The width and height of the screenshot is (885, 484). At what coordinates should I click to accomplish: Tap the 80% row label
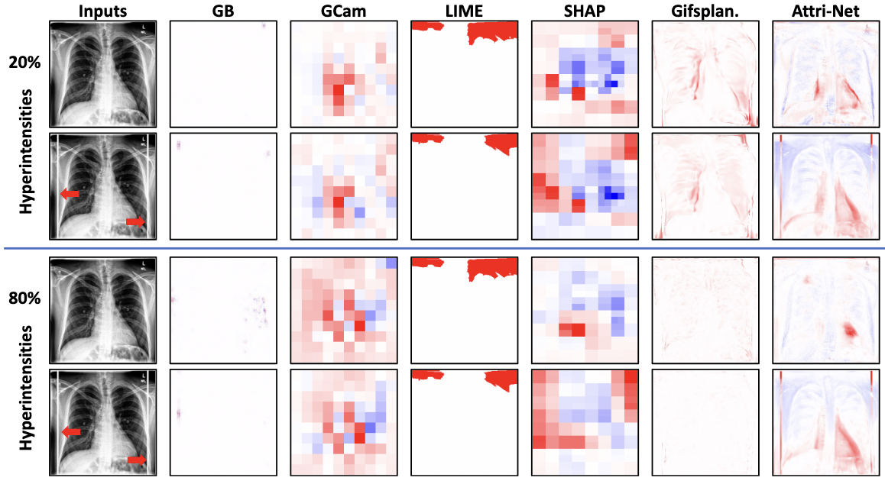(x=25, y=301)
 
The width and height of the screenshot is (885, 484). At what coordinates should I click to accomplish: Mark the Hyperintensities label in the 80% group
(x=25, y=389)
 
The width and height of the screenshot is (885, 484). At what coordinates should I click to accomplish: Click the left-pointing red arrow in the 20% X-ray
(x=70, y=194)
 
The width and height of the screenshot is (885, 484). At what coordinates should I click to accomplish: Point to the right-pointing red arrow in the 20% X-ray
(x=135, y=221)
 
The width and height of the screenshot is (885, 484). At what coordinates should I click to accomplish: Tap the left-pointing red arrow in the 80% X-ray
(x=70, y=432)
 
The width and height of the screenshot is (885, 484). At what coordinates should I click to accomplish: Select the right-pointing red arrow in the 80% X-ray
(x=137, y=460)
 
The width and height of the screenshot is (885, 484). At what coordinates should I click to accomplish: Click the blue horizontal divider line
(x=443, y=248)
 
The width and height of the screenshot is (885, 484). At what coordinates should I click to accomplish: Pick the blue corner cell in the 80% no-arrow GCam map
(x=391, y=263)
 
